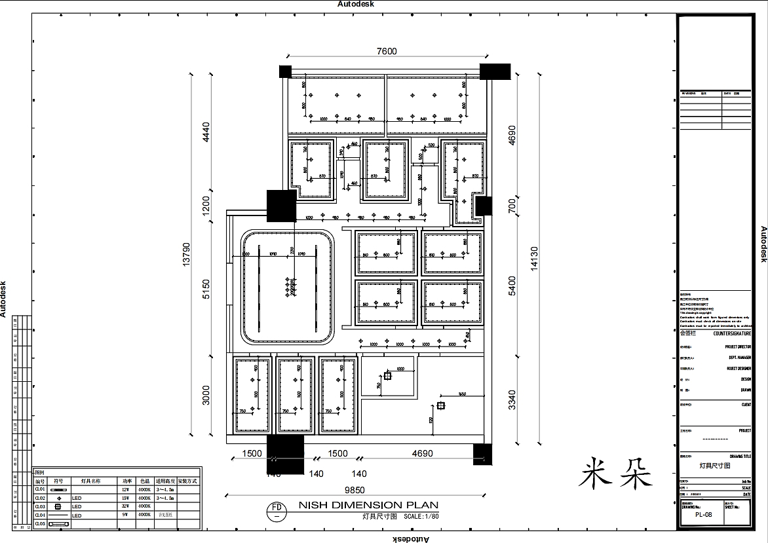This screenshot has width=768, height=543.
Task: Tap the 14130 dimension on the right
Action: click(x=534, y=258)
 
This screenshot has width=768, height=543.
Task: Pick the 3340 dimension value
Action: click(x=512, y=400)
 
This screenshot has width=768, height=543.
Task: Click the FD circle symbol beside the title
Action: click(x=277, y=510)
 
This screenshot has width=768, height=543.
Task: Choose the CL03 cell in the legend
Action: click(x=40, y=506)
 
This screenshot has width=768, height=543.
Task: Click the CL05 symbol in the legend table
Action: click(x=59, y=523)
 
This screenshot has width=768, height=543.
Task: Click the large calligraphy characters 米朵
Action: click(x=616, y=473)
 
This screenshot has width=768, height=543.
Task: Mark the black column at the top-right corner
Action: click(x=495, y=71)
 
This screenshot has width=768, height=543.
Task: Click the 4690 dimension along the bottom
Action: click(x=422, y=454)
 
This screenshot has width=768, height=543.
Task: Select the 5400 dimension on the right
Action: click(x=512, y=286)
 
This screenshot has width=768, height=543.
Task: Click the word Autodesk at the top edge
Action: click(x=355, y=4)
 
